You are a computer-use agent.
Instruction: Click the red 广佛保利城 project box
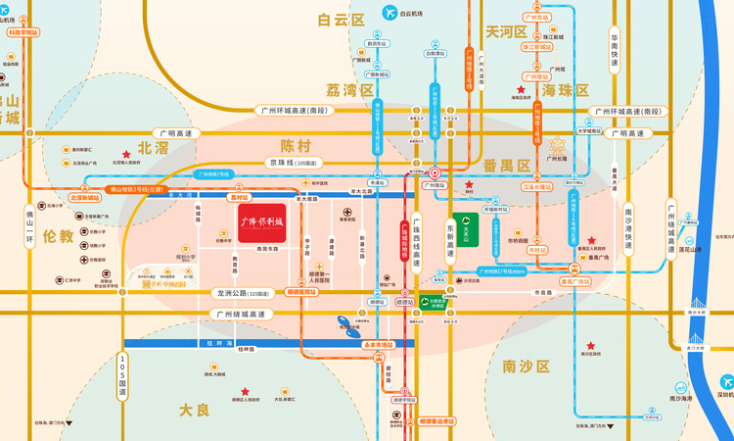click(261, 223)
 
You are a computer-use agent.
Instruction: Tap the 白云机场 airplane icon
click(391, 14)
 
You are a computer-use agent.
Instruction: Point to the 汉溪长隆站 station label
click(536, 186)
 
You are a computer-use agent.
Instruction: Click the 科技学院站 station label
click(23, 32)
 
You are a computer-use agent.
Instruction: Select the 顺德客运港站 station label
click(437, 421)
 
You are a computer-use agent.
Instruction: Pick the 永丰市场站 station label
click(378, 345)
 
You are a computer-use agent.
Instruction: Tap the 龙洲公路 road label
click(240, 292)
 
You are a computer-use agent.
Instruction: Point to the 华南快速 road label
click(615, 50)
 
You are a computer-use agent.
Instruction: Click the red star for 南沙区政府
click(589, 346)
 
